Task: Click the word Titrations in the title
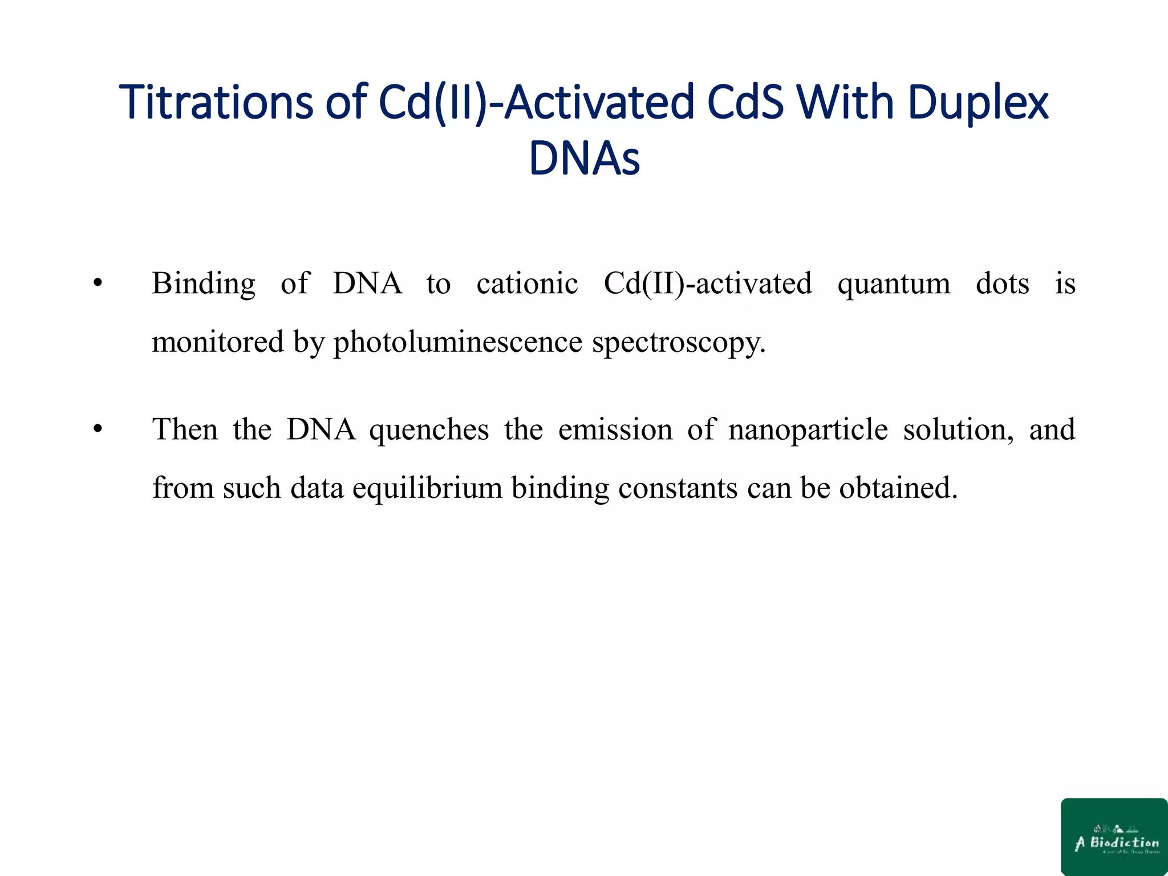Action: click(x=216, y=103)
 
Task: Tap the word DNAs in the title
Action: click(x=584, y=159)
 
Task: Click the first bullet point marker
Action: click(x=98, y=283)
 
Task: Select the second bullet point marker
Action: click(x=98, y=429)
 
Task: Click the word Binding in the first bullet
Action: click(x=204, y=283)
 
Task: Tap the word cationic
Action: click(x=527, y=283)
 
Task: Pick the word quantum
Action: click(x=894, y=283)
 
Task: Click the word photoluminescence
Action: click(x=458, y=342)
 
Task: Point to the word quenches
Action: click(x=429, y=429)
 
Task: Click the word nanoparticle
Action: click(x=808, y=429)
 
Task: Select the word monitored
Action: click(x=218, y=342)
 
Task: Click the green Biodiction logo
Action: click(x=1114, y=836)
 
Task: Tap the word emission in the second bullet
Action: click(x=615, y=429)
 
